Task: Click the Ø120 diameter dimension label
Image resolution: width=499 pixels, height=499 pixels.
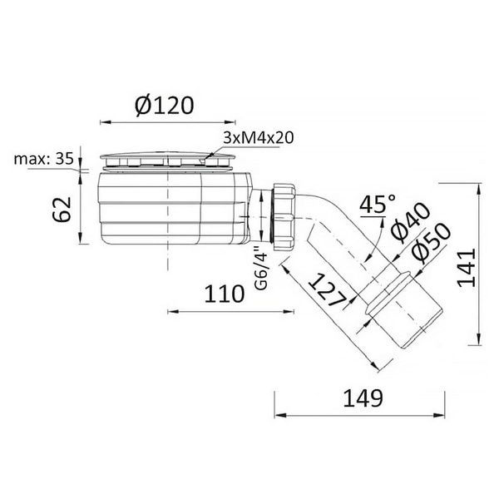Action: (164, 106)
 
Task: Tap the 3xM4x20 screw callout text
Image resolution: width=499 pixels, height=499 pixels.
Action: (258, 138)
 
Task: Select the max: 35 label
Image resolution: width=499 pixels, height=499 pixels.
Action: (44, 159)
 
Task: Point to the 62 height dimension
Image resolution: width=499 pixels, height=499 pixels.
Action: (62, 209)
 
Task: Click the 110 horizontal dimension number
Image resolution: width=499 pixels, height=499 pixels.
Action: (225, 294)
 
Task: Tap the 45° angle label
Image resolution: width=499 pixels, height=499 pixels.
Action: (378, 204)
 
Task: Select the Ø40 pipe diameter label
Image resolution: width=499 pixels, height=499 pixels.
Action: (409, 220)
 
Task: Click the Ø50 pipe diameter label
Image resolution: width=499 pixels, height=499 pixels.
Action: (430, 243)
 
